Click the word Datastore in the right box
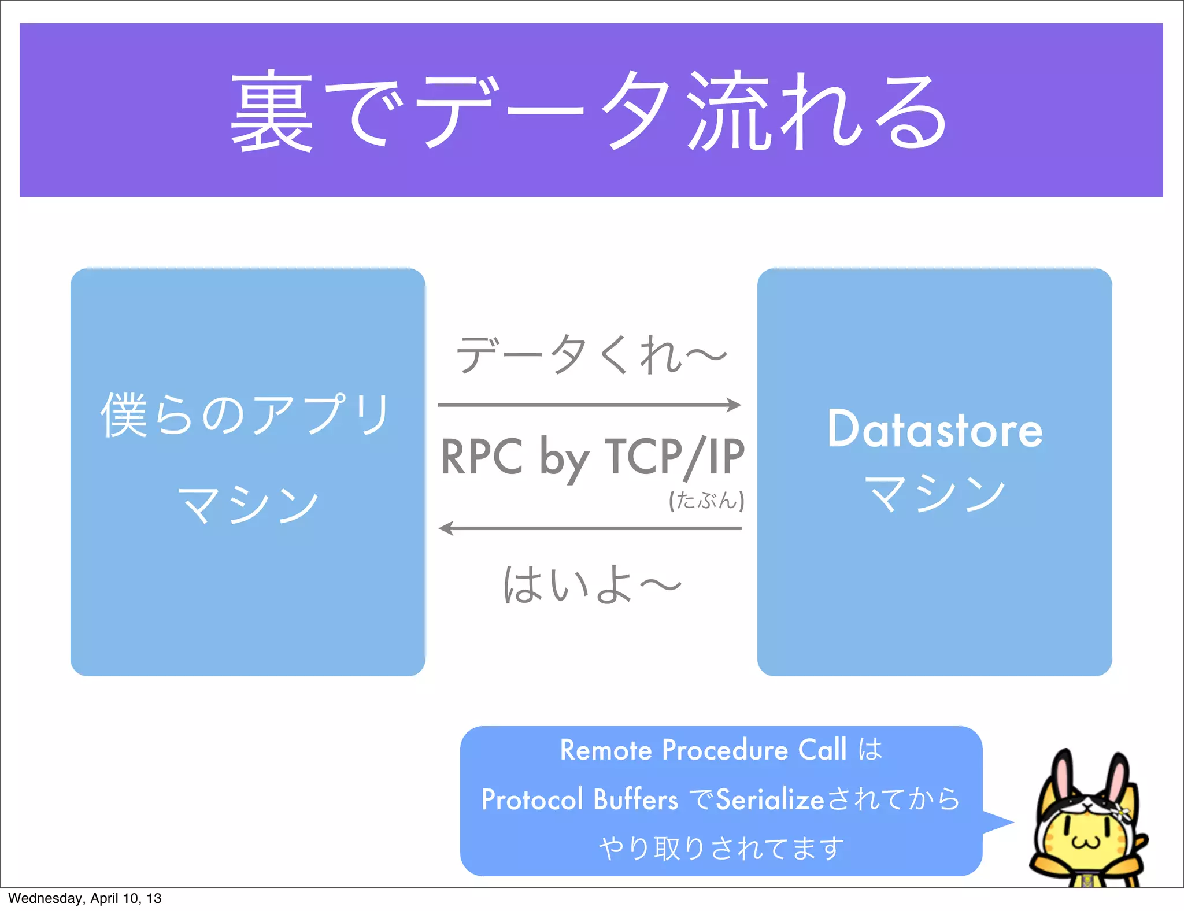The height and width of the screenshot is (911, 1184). pos(935,429)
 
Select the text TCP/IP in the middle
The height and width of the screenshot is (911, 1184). pos(674,457)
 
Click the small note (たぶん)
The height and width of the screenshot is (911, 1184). pos(706,500)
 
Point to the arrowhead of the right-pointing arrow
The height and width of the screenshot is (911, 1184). pos(735,405)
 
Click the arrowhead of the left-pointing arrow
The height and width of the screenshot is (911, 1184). pos(446,528)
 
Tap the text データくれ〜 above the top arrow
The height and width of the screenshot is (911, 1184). pos(591,354)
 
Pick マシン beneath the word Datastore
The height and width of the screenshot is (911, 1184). pos(935,492)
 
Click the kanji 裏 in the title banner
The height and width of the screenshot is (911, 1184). pos(272,111)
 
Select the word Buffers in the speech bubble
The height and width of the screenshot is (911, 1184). pos(635,800)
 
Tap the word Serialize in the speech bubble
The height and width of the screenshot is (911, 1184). pos(769,800)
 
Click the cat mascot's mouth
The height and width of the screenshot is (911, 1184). pos(1086,842)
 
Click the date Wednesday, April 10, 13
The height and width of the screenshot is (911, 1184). pos(84,898)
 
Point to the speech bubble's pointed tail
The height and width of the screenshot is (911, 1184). pos(1003,822)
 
